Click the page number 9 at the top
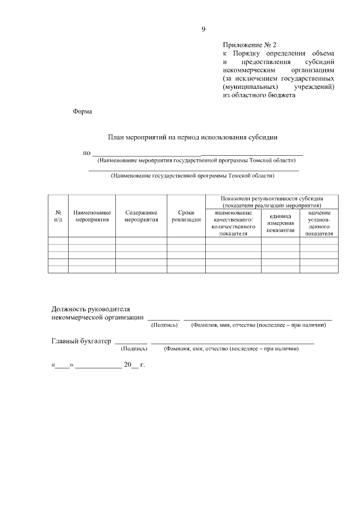204,29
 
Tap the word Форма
82,111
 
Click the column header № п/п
58,216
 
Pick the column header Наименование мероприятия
92,216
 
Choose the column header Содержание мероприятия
141,216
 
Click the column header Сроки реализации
186,216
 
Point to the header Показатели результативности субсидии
272,202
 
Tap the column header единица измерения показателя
280,223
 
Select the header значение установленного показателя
319,223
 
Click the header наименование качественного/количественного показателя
233,223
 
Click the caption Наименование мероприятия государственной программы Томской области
196,160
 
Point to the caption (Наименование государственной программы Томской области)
193,175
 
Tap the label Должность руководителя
91,309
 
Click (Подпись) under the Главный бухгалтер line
134,349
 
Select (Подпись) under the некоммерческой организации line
164,325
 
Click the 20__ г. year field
134,365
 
